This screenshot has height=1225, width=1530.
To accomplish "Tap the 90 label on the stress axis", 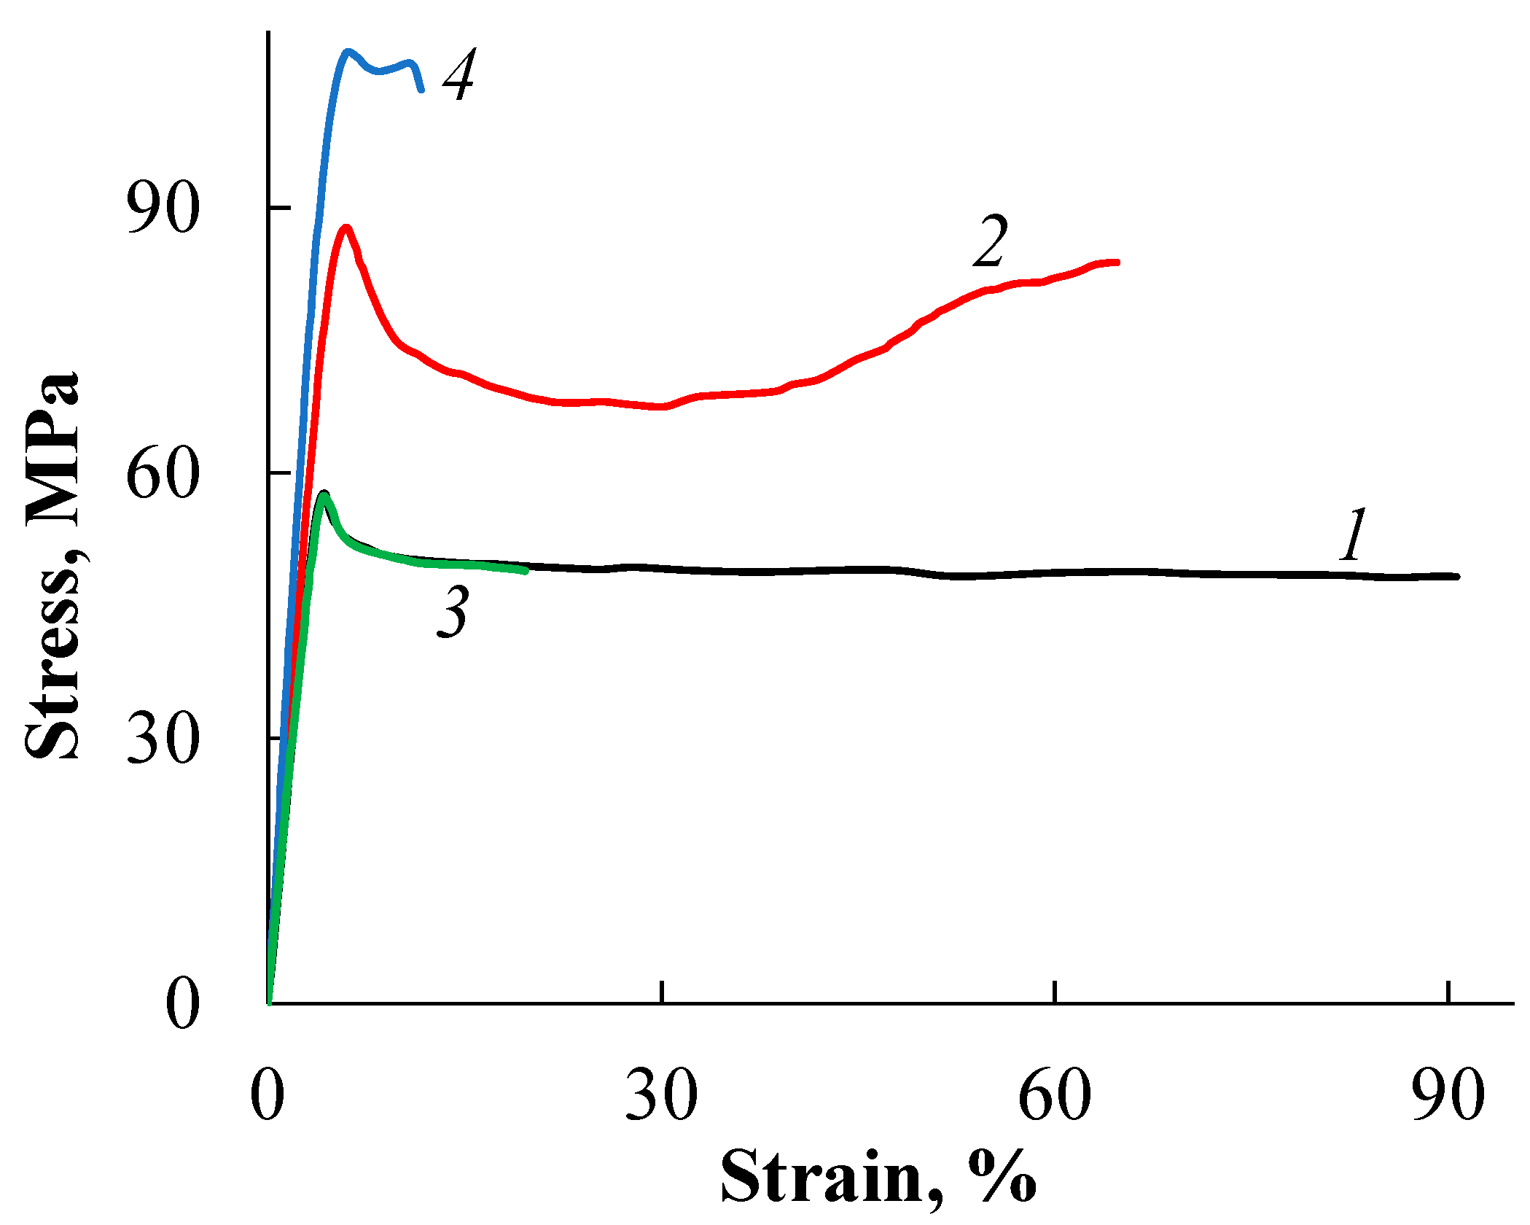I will tap(163, 209).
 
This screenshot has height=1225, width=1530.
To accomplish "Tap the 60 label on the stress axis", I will tap(163, 474).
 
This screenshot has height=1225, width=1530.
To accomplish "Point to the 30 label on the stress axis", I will tap(163, 739).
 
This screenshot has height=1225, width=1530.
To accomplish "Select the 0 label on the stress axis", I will tap(182, 1004).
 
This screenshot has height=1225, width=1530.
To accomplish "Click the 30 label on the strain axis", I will tap(661, 1095).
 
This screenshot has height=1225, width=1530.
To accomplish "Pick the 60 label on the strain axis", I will tap(1055, 1095).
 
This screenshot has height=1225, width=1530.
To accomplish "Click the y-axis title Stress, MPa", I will tap(52, 565).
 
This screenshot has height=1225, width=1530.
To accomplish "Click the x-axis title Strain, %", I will tap(878, 1178).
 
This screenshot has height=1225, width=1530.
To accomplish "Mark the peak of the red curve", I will tap(346, 227).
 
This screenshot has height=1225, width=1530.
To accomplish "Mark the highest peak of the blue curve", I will tap(348, 51).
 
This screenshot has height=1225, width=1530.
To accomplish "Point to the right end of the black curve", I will tap(1457, 576).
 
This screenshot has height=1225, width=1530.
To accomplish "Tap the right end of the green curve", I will tap(526, 571).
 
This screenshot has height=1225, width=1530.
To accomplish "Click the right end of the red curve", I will tap(1117, 262).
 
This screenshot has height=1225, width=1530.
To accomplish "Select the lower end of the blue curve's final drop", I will tap(421, 90).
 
